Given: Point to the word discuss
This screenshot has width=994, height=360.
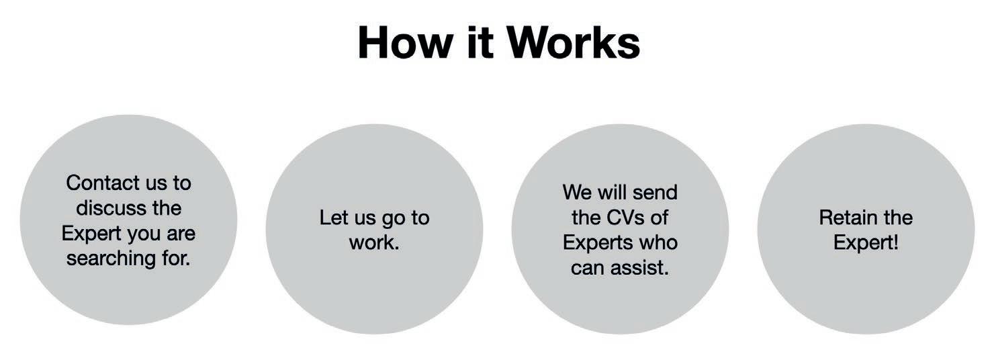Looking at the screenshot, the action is [x=110, y=208].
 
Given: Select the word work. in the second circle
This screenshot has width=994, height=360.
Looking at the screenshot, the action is [x=374, y=242].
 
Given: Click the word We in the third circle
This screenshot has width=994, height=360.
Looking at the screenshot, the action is [x=577, y=193].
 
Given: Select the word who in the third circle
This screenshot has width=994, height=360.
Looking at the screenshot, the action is [x=658, y=242].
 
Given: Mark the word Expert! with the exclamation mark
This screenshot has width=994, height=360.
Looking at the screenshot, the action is [x=866, y=242].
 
